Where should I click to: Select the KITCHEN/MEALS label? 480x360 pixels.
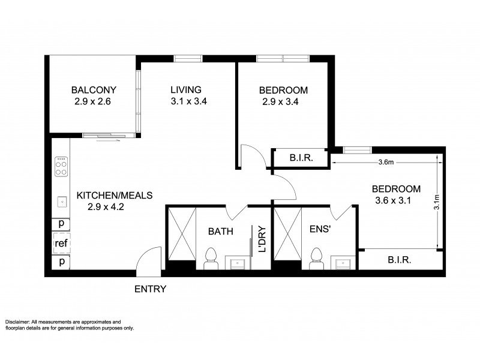coord(115,195)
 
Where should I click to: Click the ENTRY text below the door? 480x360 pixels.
coord(150,289)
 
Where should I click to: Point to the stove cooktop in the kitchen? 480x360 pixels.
coord(61,166)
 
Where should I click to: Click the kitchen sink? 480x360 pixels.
coord(61,202)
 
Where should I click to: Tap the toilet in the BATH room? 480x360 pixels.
coord(210,259)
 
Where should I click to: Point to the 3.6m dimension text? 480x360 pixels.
coord(386,161)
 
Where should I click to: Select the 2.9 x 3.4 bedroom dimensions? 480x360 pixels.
coord(281,102)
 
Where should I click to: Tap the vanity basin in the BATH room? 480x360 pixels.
coord(237,263)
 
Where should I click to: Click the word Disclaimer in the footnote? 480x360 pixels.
coord(20,322)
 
